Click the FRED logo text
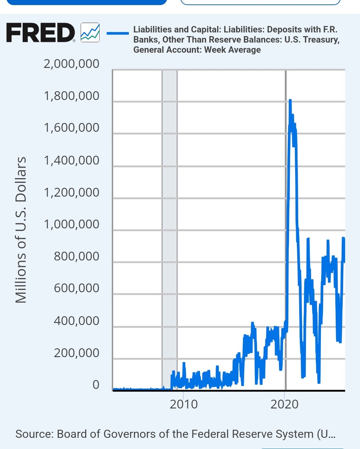coord(40,33)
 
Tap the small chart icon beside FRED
coord(90,33)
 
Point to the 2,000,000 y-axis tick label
coord(71,64)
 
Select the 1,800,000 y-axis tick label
coord(71,96)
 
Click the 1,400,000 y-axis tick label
coord(71,160)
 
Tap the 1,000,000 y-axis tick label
coord(71,225)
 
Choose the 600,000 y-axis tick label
coord(76,289)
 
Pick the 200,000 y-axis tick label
coord(76,353)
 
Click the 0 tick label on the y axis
coord(96,385)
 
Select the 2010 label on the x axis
coord(184,404)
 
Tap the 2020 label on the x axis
coord(284,404)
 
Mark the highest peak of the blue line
coord(290,100)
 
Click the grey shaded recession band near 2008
coord(170,228)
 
